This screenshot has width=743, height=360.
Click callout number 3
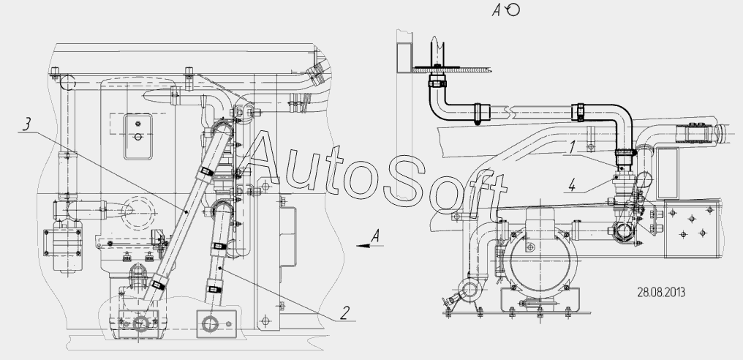tap(27, 124)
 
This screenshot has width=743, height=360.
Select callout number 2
tap(345, 312)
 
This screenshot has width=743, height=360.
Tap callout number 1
tap(573, 148)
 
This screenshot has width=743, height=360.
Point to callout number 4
tap(572, 186)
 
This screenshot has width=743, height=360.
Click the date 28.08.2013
tap(661, 292)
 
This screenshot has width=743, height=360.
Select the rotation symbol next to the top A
tap(513, 10)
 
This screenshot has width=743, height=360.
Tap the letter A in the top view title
tap(497, 10)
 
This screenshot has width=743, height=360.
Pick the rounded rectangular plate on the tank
tap(138, 137)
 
